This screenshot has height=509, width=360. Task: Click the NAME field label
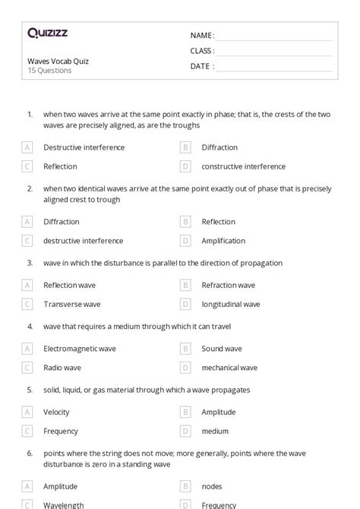pos(201,35)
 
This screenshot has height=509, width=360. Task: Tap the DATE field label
pos(201,66)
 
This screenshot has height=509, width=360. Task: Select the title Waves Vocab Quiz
pos(58,61)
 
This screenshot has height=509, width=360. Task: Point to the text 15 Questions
pos(49,71)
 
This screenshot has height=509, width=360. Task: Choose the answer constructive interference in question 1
pos(243,166)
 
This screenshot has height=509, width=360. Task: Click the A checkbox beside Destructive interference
pos(27,147)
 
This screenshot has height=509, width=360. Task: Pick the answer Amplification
pos(223,241)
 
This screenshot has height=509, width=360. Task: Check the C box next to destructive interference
pos(27,241)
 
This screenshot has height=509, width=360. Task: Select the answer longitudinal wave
pos(230,304)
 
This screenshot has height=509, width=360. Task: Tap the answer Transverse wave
pos(71,304)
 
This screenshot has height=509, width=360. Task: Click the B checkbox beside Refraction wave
pos(185,285)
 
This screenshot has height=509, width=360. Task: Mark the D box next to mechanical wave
pos(185,368)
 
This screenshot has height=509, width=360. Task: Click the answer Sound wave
pos(222,349)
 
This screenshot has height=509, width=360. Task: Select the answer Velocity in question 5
pos(56,412)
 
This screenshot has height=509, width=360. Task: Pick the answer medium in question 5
pos(215,431)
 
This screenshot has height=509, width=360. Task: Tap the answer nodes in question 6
pos(212,486)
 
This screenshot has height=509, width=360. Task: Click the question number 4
pos(30,326)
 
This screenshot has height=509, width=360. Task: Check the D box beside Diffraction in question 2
pos(27,222)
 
